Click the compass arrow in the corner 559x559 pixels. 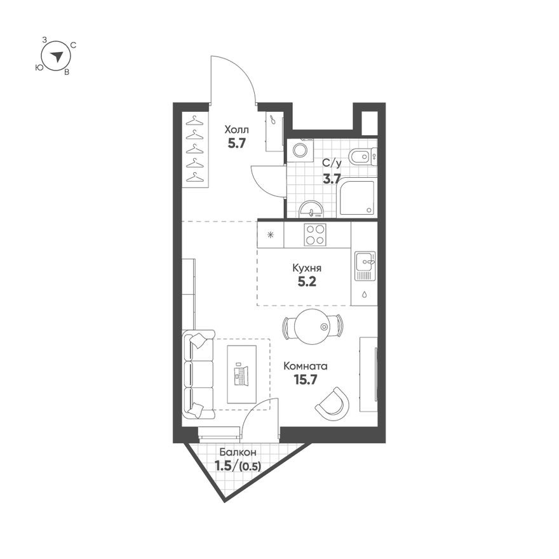(x=57, y=56)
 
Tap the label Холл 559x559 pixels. (x=236, y=130)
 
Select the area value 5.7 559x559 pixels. (x=236, y=143)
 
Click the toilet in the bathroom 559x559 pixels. (x=364, y=155)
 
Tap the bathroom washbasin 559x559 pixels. (x=311, y=208)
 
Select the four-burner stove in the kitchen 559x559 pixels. (x=315, y=234)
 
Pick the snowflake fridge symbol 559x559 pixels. (x=271, y=234)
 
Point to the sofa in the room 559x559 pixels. (x=198, y=375)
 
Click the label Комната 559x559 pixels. (x=306, y=366)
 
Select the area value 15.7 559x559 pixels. (x=305, y=380)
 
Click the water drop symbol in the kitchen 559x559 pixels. (x=364, y=294)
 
